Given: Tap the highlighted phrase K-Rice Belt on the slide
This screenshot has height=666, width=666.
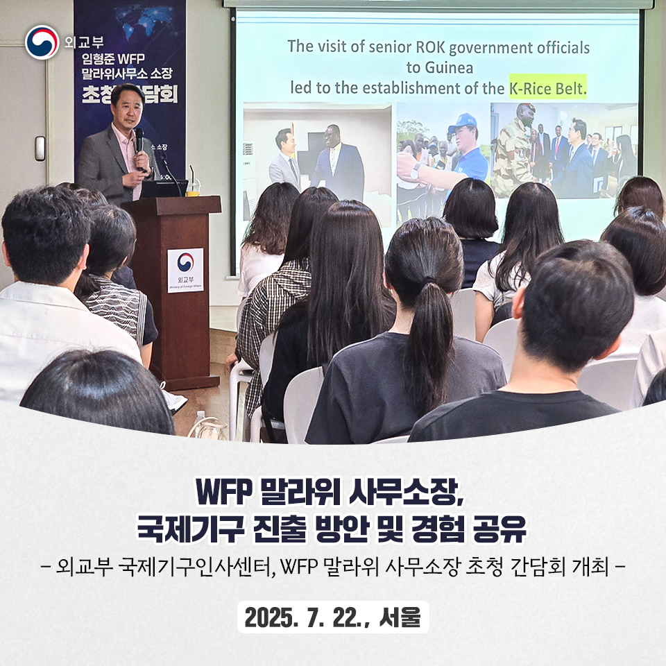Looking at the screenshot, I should pyautogui.click(x=547, y=88).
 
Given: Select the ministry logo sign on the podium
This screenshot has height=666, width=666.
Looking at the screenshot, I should pyautogui.click(x=185, y=270).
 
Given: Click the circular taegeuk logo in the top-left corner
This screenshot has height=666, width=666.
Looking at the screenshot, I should pyautogui.click(x=42, y=42).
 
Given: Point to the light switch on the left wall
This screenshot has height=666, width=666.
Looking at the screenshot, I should pyautogui.click(x=40, y=148).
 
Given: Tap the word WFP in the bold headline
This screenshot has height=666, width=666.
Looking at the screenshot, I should pyautogui.click(x=224, y=493).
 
